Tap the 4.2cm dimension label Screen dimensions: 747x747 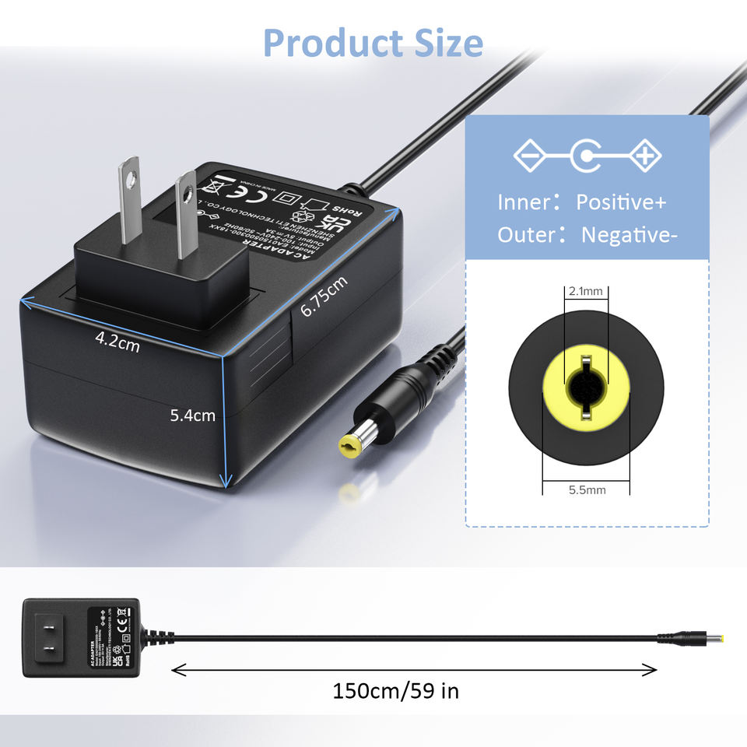(x=117, y=341)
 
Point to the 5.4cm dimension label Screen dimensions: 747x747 (x=193, y=416)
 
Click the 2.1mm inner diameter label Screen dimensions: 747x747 (x=586, y=292)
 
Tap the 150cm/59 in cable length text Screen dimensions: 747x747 (x=396, y=691)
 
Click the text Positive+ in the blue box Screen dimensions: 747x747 (x=621, y=202)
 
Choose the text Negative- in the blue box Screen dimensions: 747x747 (x=626, y=234)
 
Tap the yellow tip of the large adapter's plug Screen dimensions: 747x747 (x=349, y=446)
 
